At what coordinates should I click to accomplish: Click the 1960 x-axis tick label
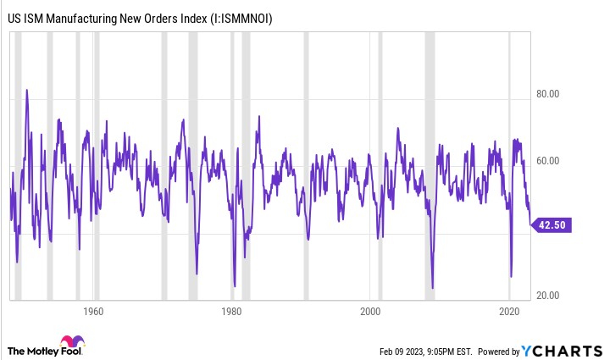point(93,311)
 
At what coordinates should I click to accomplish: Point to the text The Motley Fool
point(42,351)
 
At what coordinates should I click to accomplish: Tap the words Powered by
point(500,352)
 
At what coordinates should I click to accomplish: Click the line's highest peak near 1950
point(27,90)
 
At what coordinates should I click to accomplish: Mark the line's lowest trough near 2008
point(432,288)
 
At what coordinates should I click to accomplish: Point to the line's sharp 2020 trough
point(511,276)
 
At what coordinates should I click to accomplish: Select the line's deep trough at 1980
point(234,286)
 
